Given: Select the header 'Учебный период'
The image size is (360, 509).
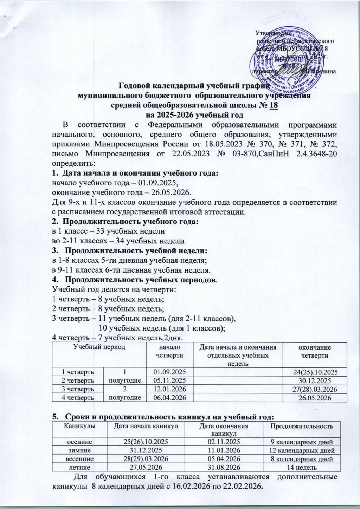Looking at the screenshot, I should click(x=95, y=347).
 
